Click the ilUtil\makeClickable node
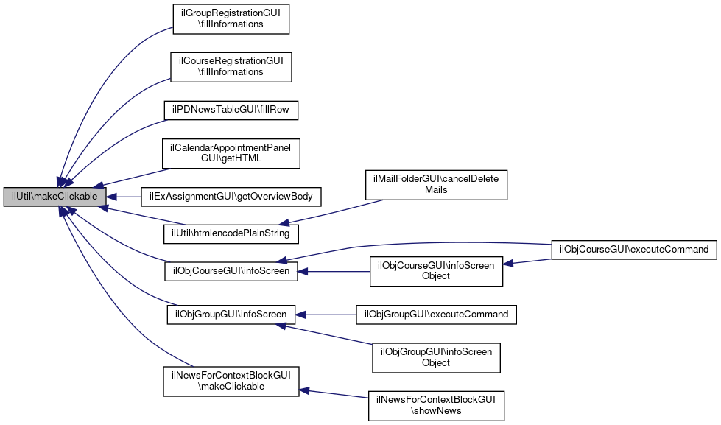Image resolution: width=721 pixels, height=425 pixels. tap(55, 197)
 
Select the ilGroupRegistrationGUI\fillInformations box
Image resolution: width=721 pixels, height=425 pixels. tap(231, 18)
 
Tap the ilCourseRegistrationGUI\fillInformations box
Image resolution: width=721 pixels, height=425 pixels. tap(231, 66)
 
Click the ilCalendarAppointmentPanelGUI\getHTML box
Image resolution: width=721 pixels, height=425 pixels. tap(231, 154)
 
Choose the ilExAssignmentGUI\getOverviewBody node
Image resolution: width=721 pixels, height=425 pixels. tap(231, 197)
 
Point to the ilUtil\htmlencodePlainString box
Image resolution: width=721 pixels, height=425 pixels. tap(231, 233)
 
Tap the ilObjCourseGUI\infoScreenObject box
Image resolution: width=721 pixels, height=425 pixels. tap(437, 271)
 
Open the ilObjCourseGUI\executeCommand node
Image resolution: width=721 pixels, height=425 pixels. tap(634, 249)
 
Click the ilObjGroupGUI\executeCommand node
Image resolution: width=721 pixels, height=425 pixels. tap(437, 315)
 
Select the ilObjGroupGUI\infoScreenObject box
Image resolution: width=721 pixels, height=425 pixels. tap(437, 357)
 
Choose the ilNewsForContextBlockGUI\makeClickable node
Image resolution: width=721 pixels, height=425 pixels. tap(231, 381)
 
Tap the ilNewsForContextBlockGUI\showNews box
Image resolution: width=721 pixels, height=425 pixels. tap(437, 404)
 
